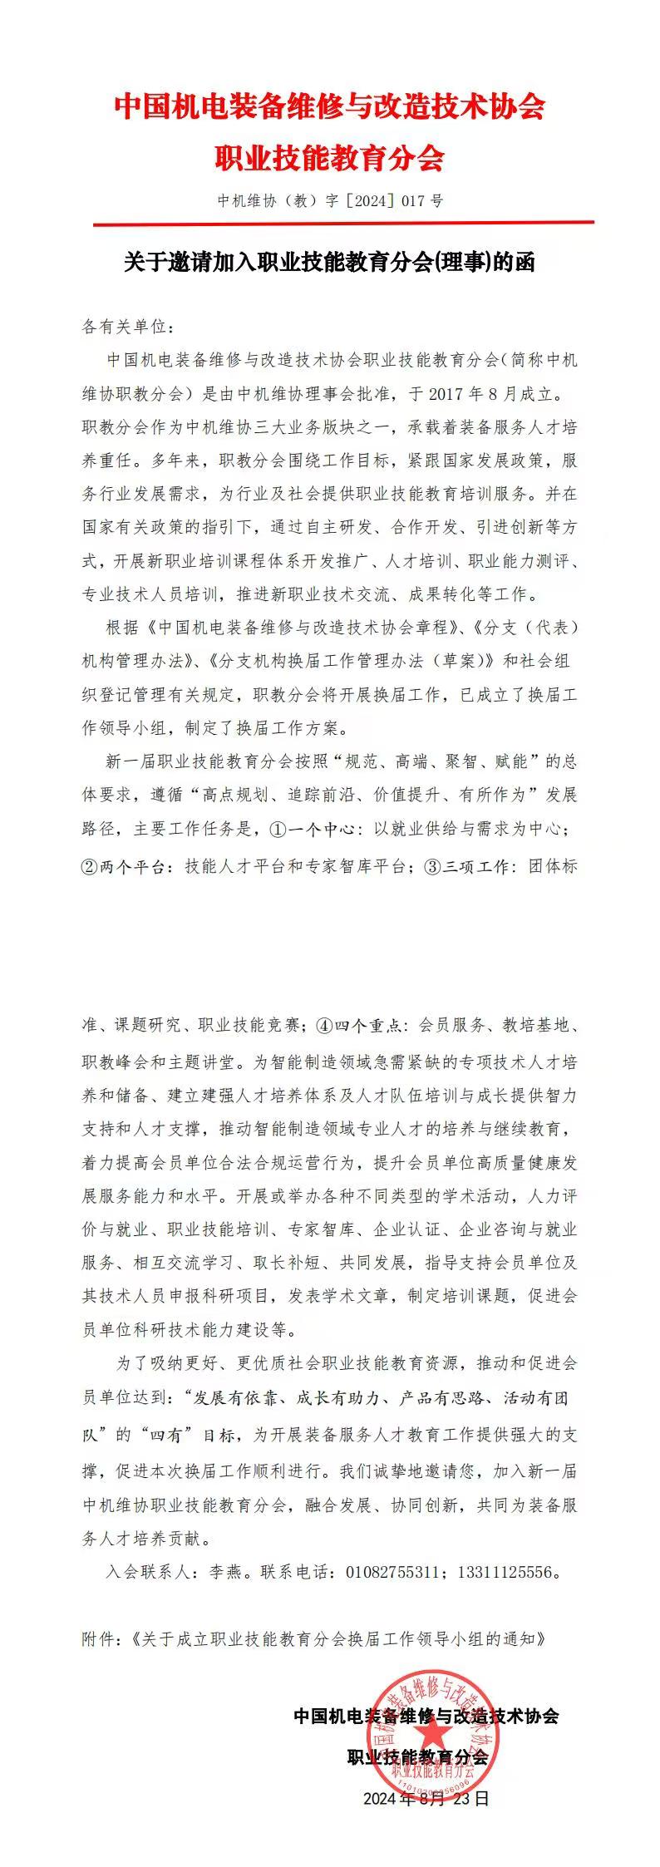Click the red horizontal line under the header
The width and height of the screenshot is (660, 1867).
(x=343, y=223)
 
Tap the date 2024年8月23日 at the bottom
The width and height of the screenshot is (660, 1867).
(x=426, y=1799)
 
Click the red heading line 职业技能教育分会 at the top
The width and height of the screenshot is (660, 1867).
(x=330, y=156)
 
